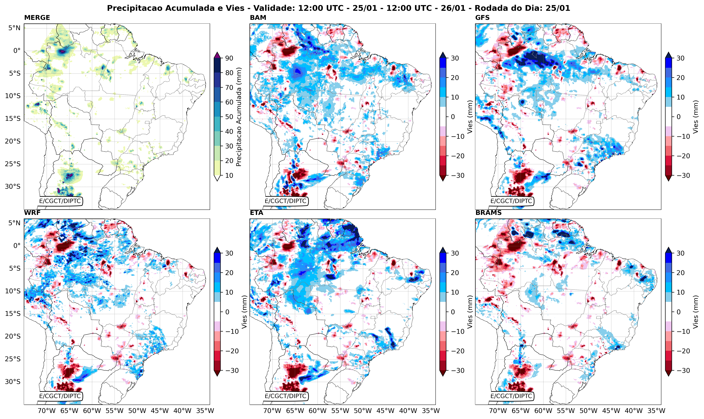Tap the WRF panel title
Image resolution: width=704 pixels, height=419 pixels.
coord(32,213)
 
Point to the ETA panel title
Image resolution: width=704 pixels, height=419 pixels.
coord(257,213)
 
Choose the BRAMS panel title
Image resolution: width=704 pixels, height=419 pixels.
coord(488,213)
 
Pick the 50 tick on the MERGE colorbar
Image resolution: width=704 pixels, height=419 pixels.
coord(229,117)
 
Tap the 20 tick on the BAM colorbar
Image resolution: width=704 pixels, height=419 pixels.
coord(455,78)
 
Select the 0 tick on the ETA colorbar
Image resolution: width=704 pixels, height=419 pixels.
coord(453,312)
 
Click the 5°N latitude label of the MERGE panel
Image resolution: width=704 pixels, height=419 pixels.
coord(14,28)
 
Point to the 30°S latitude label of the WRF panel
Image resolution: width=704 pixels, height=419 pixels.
coord(13,382)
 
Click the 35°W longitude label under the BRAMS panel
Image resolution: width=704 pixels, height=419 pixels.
coord(656,411)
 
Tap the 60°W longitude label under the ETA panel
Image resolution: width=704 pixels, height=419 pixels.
coord(317,411)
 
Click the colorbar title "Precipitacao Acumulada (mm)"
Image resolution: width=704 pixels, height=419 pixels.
coord(239,117)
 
